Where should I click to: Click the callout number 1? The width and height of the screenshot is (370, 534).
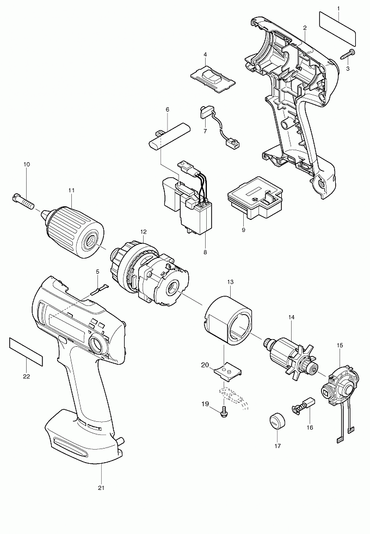coord(338,8)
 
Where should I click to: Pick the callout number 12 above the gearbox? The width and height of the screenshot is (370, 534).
coord(143,231)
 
